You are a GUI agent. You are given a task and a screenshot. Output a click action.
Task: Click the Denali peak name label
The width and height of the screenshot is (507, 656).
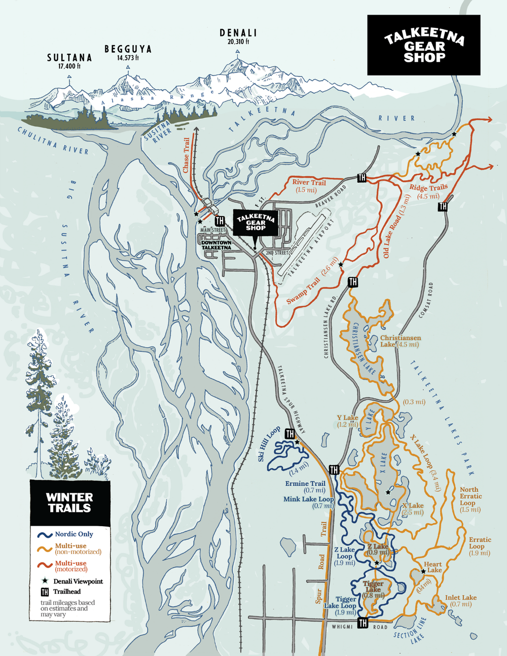tap(238, 33)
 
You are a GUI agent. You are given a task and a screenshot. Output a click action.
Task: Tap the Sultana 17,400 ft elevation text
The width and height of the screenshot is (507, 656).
tap(69, 66)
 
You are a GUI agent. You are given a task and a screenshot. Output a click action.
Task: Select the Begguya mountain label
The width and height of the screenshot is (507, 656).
tap(128, 49)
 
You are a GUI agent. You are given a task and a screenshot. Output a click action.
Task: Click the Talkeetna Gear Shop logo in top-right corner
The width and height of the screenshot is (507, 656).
tap(423, 45)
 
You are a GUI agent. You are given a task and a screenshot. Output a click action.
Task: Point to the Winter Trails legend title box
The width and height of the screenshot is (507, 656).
tap(69, 502)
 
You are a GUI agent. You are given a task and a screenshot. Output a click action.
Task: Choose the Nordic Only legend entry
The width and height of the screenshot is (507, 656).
tap(74, 534)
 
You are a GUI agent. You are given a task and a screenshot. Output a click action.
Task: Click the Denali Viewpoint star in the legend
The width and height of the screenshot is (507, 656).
tap(45, 581)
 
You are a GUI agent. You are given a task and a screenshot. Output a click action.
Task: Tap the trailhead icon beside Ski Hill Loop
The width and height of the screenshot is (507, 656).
tap(289, 434)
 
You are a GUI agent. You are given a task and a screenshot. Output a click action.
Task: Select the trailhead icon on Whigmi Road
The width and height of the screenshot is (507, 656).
tap(363, 623)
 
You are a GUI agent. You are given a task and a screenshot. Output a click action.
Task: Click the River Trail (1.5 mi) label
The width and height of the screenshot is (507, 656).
tap(309, 186)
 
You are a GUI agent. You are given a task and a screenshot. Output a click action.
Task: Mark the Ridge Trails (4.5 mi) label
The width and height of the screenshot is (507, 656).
tap(428, 191)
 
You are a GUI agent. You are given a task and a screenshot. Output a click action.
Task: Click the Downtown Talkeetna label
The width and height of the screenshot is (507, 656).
tap(216, 245)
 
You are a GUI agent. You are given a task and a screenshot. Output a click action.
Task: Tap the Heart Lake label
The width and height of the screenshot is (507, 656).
tap(432, 567)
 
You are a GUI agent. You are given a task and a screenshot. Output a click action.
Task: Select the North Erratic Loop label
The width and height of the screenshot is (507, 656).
tap(470, 499)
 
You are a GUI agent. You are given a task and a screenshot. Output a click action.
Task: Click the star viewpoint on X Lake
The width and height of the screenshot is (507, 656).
tap(388, 492)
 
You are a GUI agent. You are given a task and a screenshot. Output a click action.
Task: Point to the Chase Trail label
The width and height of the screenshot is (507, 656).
tap(186, 155)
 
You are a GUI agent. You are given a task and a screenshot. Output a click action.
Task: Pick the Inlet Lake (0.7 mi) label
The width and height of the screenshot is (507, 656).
tap(460, 601)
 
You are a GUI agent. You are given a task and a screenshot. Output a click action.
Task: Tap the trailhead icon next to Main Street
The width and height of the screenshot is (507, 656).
tap(220, 221)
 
